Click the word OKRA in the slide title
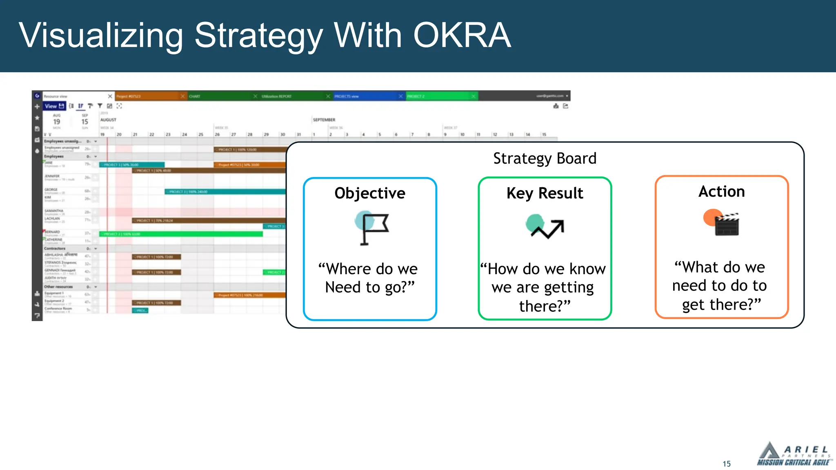tap(462, 35)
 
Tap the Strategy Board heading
tap(545, 158)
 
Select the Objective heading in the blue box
tap(370, 193)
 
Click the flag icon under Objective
tap(372, 228)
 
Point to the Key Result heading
tap(545, 193)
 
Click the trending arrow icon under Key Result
tap(545, 227)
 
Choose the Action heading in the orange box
tap(721, 191)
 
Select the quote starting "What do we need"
tap(720, 286)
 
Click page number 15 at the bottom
tap(727, 464)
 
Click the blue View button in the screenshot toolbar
tap(54, 106)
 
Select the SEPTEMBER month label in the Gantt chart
tap(324, 120)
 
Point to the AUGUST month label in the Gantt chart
tap(108, 120)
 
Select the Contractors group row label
tap(55, 248)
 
